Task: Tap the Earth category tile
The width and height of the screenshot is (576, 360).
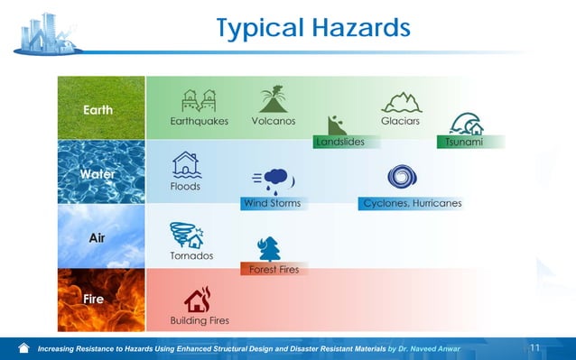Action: tap(100, 108)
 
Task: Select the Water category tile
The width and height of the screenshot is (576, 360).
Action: tap(100, 171)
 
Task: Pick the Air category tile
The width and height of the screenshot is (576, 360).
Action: tap(100, 236)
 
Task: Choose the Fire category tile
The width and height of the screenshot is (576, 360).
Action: tap(100, 300)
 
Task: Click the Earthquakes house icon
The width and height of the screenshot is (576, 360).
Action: tap(200, 100)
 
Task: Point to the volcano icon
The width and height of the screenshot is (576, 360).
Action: tap(273, 99)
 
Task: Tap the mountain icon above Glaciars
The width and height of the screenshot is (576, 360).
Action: tap(401, 101)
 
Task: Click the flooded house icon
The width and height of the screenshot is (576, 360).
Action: tap(186, 164)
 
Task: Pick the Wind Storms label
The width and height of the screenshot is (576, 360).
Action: tap(272, 203)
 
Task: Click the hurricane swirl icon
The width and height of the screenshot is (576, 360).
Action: tap(401, 178)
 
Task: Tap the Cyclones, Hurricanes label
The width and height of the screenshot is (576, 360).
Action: tap(412, 203)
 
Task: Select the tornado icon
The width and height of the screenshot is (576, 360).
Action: tap(186, 235)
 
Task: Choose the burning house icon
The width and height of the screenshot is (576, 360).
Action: tap(198, 300)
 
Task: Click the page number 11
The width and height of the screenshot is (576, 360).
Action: tap(534, 348)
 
